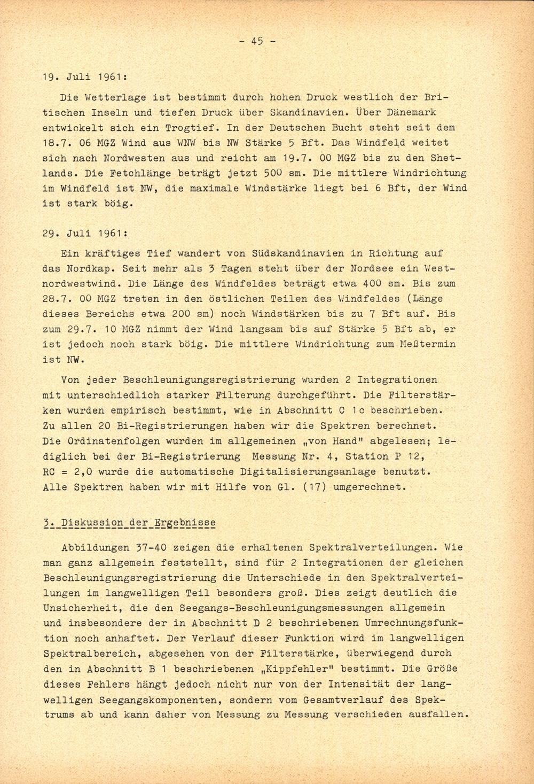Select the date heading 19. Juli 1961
[84, 76]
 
